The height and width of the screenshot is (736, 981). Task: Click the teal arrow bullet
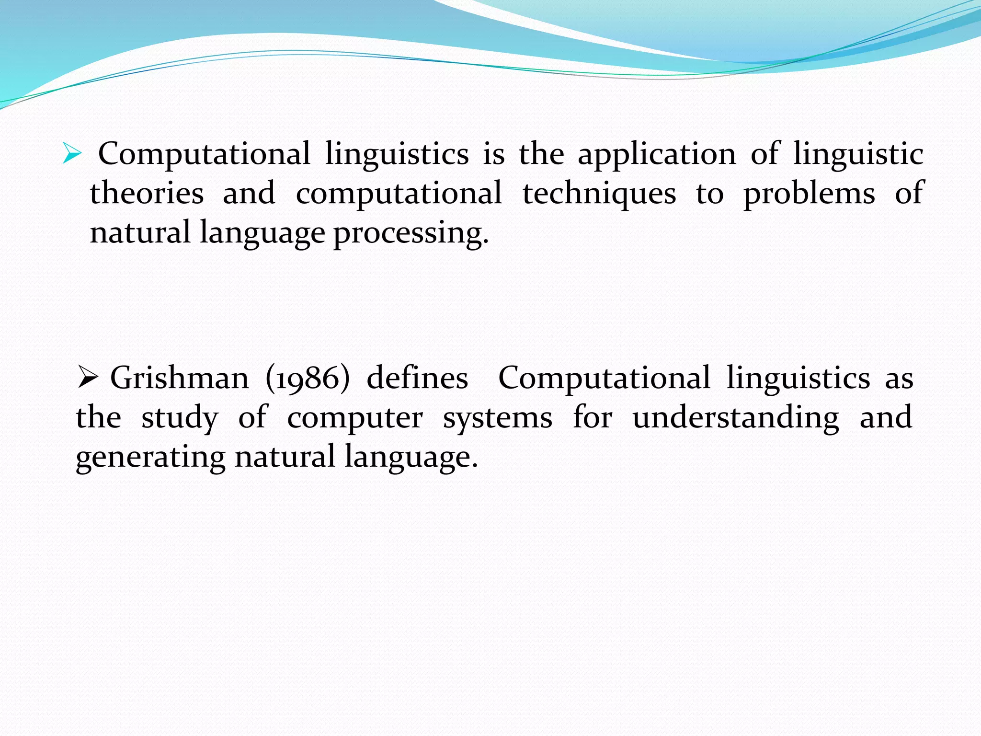72,154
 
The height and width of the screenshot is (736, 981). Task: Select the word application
657,154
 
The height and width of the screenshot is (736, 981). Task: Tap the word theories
147,194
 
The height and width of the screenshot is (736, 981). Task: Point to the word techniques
599,194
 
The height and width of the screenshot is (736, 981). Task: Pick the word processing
411,234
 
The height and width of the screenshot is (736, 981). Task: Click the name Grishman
180,378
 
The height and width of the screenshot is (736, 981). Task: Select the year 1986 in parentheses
308,379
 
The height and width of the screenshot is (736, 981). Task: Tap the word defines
417,378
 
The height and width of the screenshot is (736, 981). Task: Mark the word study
180,418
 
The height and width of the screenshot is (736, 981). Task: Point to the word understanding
736,418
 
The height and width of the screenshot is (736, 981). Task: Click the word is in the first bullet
494,154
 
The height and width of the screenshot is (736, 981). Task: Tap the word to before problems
710,194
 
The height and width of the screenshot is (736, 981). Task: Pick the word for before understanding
593,417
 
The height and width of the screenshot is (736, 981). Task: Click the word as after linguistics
899,379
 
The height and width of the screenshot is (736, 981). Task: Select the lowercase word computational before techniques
399,194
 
